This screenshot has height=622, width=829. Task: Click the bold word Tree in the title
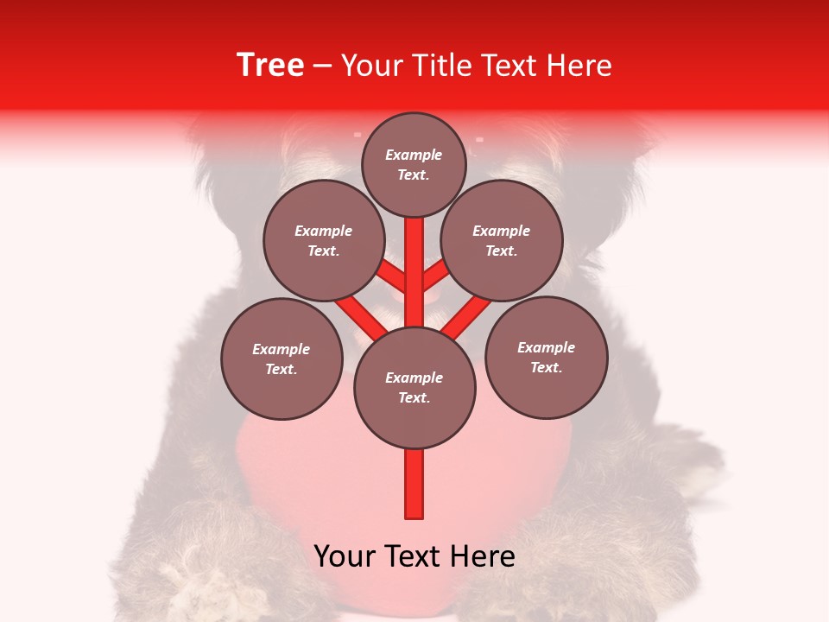pos(270,66)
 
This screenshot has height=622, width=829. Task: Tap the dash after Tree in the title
pos(322,67)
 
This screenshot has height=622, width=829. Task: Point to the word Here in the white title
pos(580,66)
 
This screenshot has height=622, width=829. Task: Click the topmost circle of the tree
pos(414,164)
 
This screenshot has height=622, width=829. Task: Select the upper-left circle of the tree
pos(323,241)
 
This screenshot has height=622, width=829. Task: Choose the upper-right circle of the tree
pos(501,241)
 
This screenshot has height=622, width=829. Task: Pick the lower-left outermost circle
pos(282,359)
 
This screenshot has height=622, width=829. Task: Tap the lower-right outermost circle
pos(546,358)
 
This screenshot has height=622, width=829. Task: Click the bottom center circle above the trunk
pos(414,388)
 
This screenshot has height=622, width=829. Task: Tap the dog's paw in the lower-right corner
pos(656,570)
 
